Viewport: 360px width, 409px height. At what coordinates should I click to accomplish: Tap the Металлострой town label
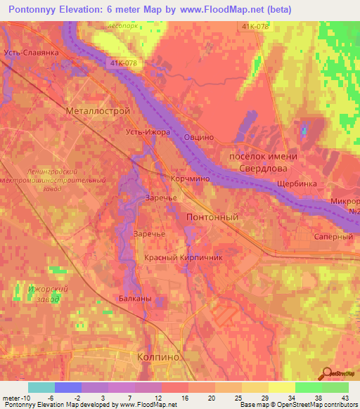[98, 111]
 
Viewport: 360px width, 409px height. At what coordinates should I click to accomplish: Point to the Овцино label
[199, 138]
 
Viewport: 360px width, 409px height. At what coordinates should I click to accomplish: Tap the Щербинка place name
[297, 183]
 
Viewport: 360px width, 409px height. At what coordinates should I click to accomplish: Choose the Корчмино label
[190, 179]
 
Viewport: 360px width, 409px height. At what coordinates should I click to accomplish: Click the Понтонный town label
[212, 218]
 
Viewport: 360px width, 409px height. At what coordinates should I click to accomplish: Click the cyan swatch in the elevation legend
[41, 387]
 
